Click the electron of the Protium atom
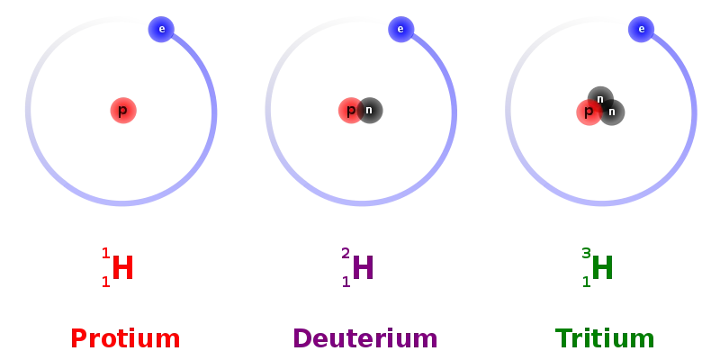tap(161, 30)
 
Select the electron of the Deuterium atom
tap(400, 30)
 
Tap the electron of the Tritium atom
tap(641, 30)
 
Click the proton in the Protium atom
tap(123, 111)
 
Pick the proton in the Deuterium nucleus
tap(351, 111)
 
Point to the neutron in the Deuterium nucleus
tap(370, 111)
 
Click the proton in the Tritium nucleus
tap(589, 112)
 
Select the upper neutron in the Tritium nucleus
tap(600, 99)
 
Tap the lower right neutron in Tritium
tap(612, 112)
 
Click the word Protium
tap(125, 339)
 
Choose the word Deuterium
tap(365, 339)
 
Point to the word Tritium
tap(605, 339)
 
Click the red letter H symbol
tap(122, 267)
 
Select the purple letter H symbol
tap(363, 267)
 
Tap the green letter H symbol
tap(602, 267)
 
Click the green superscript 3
tap(586, 254)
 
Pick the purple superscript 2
tap(346, 254)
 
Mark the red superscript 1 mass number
tap(106, 254)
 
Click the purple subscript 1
tap(346, 282)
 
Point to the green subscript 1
tap(587, 282)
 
